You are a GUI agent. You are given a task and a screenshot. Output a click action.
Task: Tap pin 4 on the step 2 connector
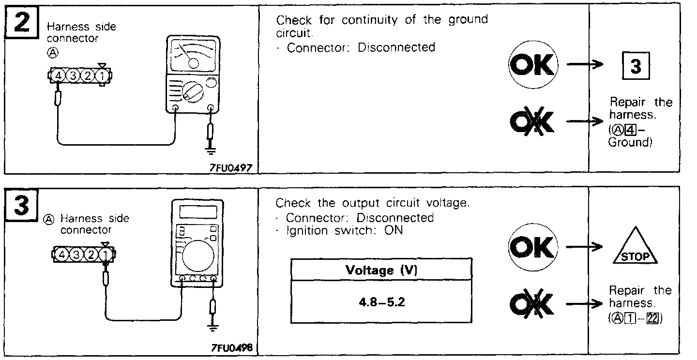[x=58, y=76]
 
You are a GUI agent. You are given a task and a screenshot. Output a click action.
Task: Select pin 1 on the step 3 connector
[x=105, y=254]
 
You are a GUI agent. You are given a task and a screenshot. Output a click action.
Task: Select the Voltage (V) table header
[x=380, y=270]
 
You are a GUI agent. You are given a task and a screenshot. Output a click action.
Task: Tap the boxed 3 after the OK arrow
[x=636, y=67]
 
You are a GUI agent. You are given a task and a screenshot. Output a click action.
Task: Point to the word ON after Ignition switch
[x=393, y=231]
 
